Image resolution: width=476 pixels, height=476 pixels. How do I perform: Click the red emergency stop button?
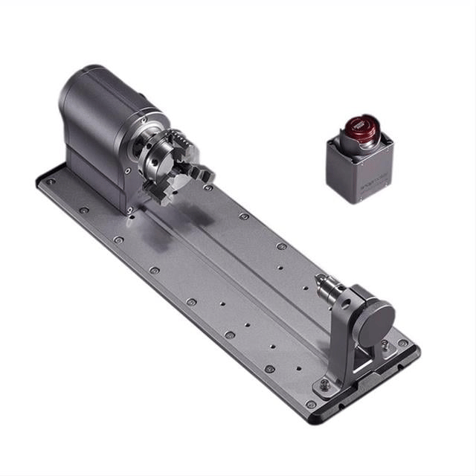pos(360,128)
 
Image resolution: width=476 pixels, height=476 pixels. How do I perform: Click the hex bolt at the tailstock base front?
pos(324,384)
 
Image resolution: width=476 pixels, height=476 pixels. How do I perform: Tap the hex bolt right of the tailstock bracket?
pos(385,345)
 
